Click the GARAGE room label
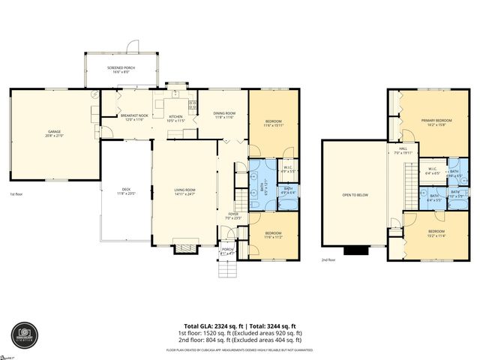pyautogui.click(x=55, y=133)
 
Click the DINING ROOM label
pyautogui.click(x=225, y=115)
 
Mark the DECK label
pyautogui.click(x=126, y=191)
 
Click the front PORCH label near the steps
pyautogui.click(x=226, y=251)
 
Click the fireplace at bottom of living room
pyautogui.click(x=184, y=244)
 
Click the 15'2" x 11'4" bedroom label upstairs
pyautogui.click(x=436, y=232)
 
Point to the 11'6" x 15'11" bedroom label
pyautogui.click(x=274, y=124)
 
